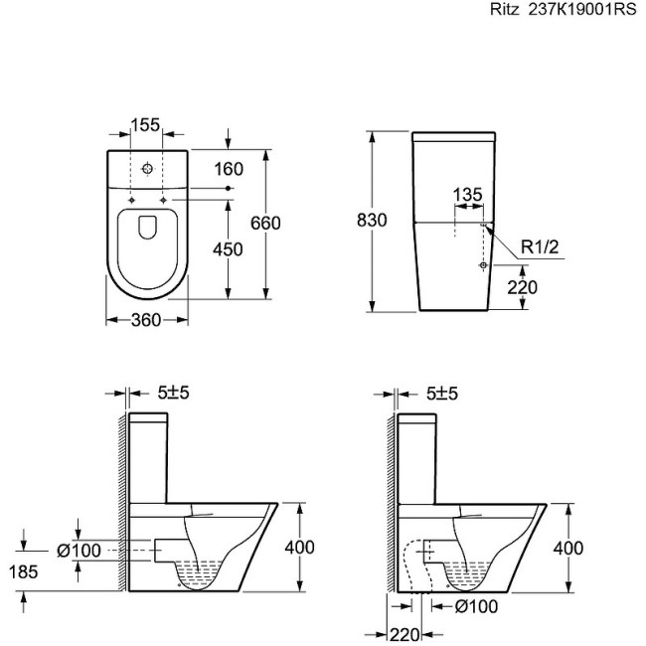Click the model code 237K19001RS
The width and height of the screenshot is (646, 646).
[582, 9]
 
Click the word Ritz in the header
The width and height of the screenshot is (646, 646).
[505, 9]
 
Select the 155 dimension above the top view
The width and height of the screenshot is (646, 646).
[146, 125]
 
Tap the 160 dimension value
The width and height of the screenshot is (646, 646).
[229, 169]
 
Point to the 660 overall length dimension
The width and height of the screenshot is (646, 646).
[265, 223]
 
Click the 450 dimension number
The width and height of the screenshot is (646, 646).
[228, 249]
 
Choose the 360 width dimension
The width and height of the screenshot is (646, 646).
[146, 320]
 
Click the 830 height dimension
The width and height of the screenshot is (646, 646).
[372, 221]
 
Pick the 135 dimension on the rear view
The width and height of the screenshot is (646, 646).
[468, 195]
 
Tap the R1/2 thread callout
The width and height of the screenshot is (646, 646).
[540, 246]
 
